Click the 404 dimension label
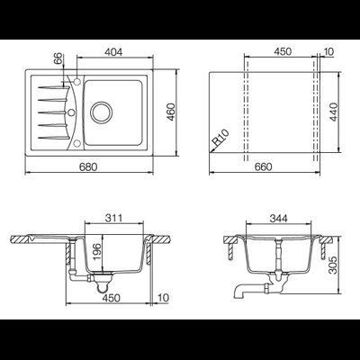[x=113, y=52]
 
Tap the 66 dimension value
[x=58, y=58]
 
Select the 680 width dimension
[x=88, y=166]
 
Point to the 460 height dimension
[x=171, y=112]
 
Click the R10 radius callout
[x=221, y=137]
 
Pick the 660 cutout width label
[x=263, y=166]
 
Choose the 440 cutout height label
[x=333, y=112]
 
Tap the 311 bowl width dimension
[x=113, y=218]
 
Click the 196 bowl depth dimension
[x=97, y=252]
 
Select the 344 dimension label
[x=278, y=219]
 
